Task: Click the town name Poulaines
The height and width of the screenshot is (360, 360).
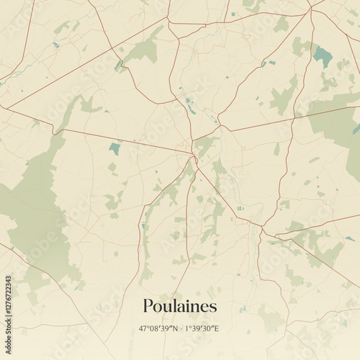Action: pyautogui.click(x=179, y=306)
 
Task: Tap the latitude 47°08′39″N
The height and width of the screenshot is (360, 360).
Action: pyautogui.click(x=158, y=329)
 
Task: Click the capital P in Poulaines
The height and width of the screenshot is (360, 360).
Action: pyautogui.click(x=148, y=306)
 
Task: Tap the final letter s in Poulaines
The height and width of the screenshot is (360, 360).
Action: pyautogui.click(x=213, y=307)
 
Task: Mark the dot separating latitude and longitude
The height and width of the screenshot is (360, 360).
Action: pyautogui.click(x=180, y=329)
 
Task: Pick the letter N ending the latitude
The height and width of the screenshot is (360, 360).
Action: pyautogui.click(x=174, y=329)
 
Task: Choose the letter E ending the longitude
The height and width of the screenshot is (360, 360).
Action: pyautogui.click(x=217, y=329)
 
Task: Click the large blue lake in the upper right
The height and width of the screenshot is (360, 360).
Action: pyautogui.click(x=323, y=55)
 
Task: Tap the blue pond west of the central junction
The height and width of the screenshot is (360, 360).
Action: pyautogui.click(x=114, y=149)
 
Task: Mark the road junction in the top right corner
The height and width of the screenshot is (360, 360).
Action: pyautogui.click(x=311, y=9)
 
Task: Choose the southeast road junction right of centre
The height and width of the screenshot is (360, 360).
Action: pyautogui.click(x=263, y=230)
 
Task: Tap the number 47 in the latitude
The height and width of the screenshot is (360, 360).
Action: pyautogui.click(x=143, y=329)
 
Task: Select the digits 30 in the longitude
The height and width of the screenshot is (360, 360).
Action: pyautogui.click(x=208, y=329)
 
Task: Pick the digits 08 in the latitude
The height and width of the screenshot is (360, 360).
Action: pyautogui.click(x=155, y=329)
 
